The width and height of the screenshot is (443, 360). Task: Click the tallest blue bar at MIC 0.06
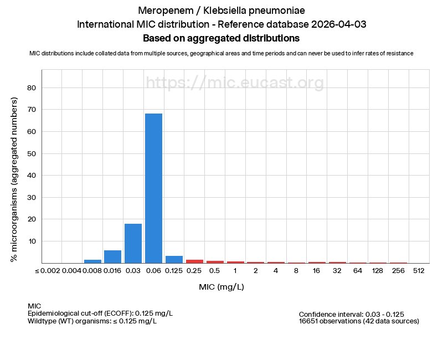[153, 188]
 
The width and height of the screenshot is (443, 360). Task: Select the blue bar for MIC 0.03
[133, 243]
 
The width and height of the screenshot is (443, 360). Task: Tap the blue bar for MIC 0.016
[112, 256]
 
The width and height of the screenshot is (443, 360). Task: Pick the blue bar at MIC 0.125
[174, 259]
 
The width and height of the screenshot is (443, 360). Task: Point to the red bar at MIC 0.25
[194, 261]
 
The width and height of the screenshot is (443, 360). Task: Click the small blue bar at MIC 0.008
[92, 261]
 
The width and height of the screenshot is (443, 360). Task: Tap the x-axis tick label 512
[419, 271]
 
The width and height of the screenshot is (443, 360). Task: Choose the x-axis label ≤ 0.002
[51, 271]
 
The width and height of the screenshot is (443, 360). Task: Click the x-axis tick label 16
[317, 271]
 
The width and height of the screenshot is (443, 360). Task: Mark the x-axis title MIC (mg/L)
[221, 287]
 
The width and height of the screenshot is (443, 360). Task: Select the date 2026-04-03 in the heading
[338, 24]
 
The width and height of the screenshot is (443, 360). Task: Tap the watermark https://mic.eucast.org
[235, 83]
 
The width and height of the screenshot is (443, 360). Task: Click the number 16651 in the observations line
[310, 321]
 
